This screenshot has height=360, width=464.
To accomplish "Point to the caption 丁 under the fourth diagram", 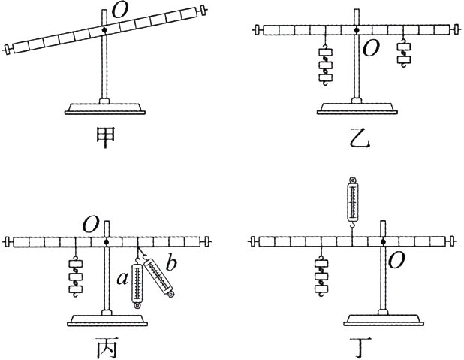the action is [358, 347].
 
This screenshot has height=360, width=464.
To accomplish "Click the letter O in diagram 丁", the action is [396, 259].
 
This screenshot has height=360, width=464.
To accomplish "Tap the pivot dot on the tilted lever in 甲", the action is [105, 29].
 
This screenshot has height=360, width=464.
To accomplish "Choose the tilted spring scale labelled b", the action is [160, 277].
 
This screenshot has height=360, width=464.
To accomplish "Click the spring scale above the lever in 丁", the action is [352, 199].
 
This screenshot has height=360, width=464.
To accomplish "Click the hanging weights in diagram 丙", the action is [76, 274].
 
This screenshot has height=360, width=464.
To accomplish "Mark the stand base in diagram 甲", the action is [104, 107].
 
